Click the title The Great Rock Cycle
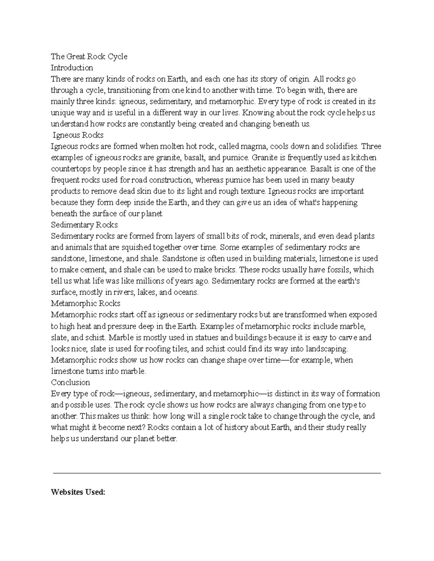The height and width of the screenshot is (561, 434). tap(89, 57)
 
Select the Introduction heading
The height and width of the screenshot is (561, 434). tap(72, 68)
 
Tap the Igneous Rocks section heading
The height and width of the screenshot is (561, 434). tap(78, 135)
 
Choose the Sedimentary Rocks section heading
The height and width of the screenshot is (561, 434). tap(84, 225)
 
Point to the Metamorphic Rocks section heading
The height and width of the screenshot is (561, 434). tap(85, 303)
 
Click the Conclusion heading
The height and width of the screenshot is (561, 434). tap(71, 382)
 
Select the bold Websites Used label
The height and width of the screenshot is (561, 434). tap(78, 492)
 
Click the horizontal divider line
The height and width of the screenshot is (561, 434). tap(217, 473)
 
